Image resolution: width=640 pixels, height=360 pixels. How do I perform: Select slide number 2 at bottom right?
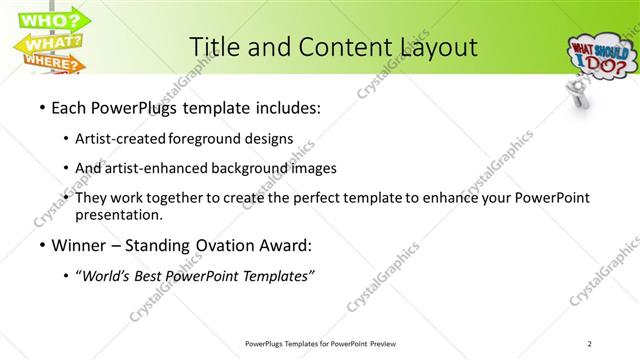[x=590, y=344]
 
